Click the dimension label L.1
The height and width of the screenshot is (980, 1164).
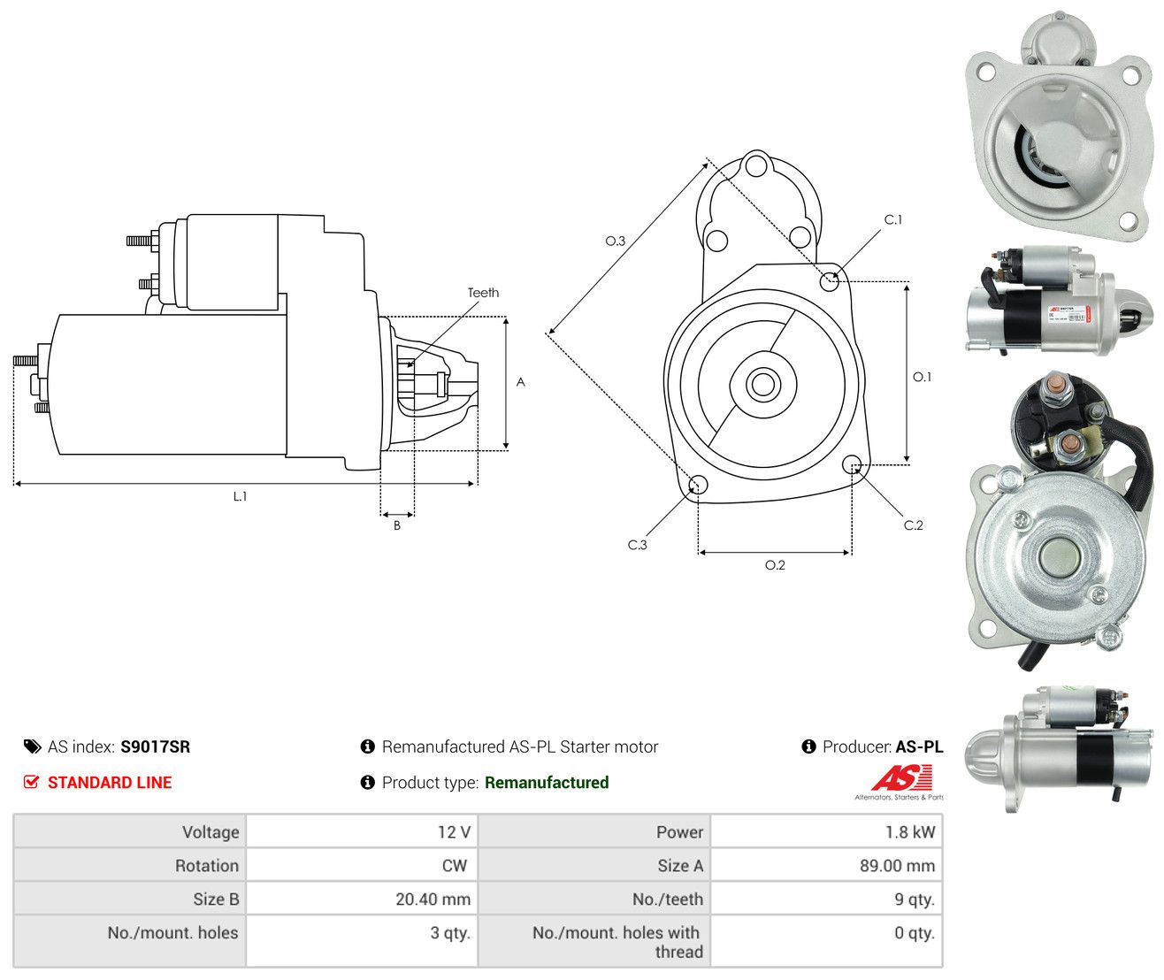[240, 496]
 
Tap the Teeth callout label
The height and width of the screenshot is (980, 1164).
[483, 293]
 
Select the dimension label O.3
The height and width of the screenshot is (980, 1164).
[615, 241]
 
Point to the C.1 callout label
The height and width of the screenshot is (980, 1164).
[892, 219]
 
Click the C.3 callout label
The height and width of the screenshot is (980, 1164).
[637, 545]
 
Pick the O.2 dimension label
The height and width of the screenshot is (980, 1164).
[774, 565]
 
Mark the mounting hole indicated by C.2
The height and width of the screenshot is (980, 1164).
[852, 463]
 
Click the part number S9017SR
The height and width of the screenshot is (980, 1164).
[155, 747]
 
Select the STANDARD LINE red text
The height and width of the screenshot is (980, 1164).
[110, 783]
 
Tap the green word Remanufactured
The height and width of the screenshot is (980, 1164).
[547, 783]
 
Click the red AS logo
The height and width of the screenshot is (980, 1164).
[901, 778]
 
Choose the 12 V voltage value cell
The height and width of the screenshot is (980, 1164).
[362, 831]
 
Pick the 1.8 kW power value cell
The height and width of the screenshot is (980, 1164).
[826, 831]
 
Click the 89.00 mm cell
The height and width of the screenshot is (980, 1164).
[826, 866]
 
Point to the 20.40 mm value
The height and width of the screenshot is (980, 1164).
[433, 900]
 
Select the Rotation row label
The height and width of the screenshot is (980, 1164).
[206, 866]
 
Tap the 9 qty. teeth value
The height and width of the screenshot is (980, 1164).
[915, 900]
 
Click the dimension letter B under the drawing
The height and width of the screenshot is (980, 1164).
[397, 525]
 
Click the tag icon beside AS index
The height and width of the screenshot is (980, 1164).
[33, 747]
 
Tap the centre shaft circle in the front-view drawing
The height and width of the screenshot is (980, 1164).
[762, 384]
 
